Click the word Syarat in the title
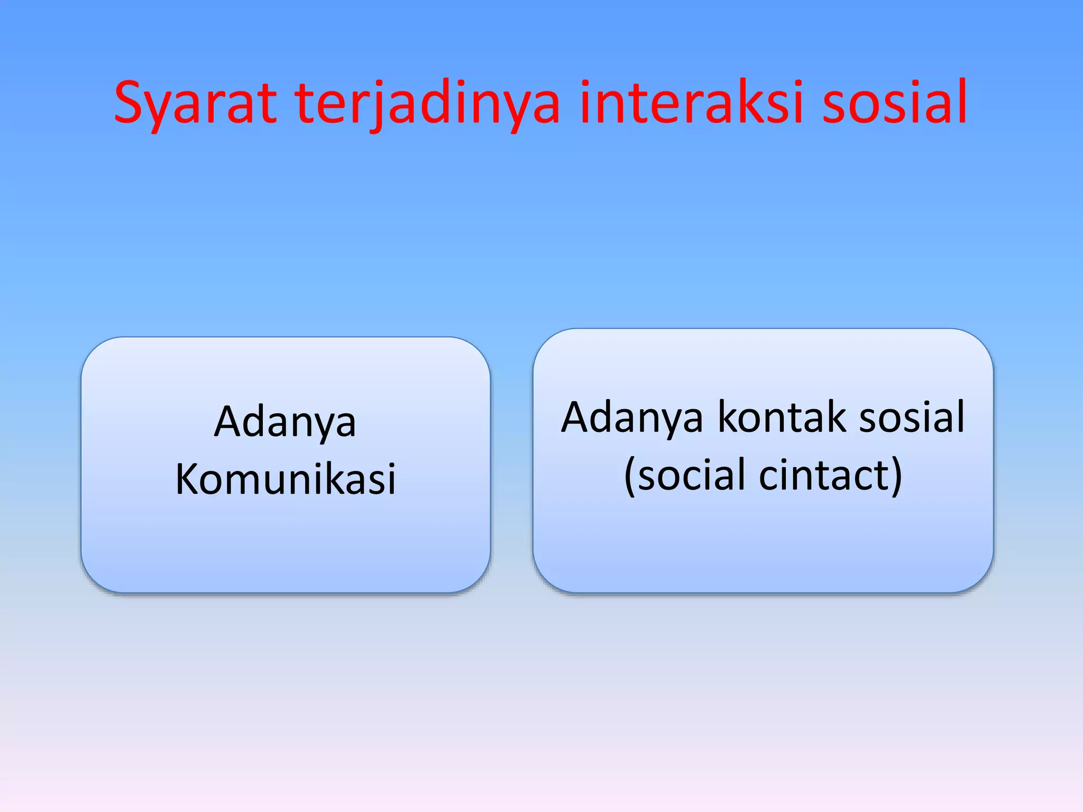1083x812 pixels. point(195,103)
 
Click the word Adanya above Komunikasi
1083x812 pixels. point(285,422)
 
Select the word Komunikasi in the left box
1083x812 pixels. point(286,479)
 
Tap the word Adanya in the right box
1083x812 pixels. point(632,418)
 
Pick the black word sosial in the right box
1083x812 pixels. point(912,418)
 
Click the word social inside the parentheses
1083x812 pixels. point(692,475)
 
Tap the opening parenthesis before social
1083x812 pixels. point(629,476)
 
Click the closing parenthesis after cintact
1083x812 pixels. point(897,476)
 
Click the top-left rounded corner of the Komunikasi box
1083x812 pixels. point(93,349)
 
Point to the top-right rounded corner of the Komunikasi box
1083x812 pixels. point(478,349)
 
